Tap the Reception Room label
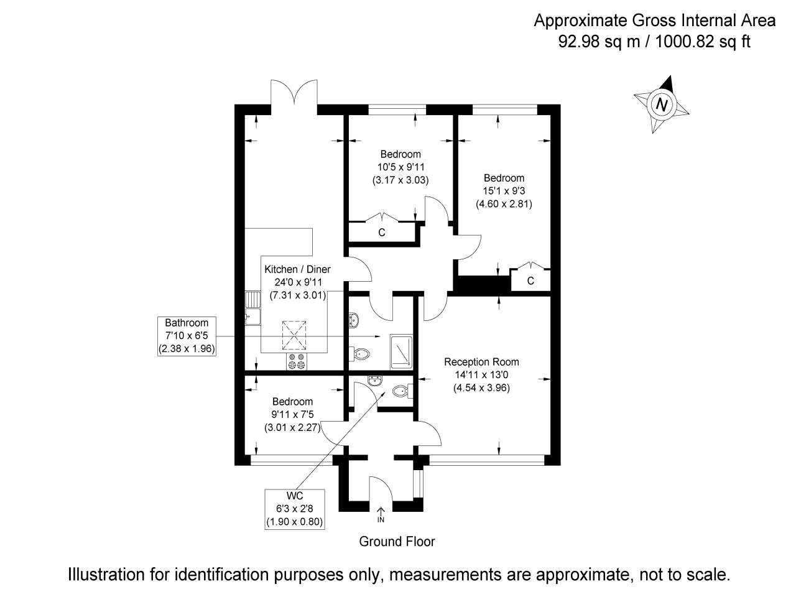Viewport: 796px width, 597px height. (x=481, y=362)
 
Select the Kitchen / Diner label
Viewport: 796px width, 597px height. (x=297, y=269)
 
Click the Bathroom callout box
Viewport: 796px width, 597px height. (x=187, y=336)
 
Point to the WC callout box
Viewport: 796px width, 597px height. (x=294, y=509)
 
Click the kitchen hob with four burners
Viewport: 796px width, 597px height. (x=296, y=361)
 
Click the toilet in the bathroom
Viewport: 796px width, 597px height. (x=360, y=354)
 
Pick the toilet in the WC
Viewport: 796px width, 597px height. (x=400, y=392)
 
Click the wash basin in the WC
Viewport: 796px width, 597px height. (x=374, y=381)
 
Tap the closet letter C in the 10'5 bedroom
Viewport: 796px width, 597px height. (x=382, y=233)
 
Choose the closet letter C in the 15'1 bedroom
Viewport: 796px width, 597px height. (x=530, y=280)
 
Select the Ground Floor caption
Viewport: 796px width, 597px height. (x=397, y=541)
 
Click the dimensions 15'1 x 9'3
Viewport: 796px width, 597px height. (x=504, y=191)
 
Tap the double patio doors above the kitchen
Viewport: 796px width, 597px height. (x=295, y=96)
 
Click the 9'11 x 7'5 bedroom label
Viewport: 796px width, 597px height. (x=292, y=415)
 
